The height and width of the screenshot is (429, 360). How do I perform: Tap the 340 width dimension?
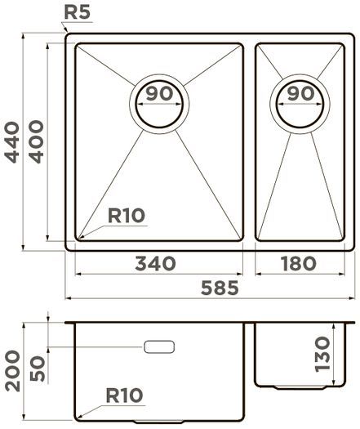tap(155, 263)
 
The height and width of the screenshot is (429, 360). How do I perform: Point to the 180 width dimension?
tap(296, 263)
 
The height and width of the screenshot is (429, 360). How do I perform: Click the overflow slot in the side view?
tap(159, 347)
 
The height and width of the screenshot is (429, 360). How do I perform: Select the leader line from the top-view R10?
tap(93, 230)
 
